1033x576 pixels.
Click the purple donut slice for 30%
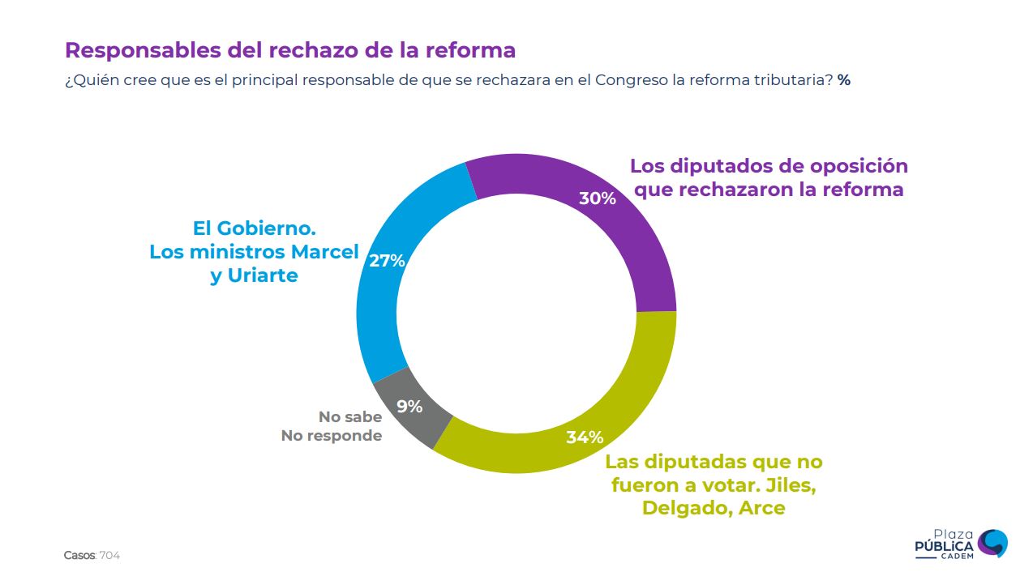pos(641,243)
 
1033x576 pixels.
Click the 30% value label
pos(597,198)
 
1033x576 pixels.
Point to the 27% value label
pos(387,261)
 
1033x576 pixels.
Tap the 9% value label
pos(409,407)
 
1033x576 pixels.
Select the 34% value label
pos(585,437)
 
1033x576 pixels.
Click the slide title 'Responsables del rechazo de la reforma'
pos(290,50)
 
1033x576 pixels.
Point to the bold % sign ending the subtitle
pos(844,81)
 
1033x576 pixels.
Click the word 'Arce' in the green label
pos(762,509)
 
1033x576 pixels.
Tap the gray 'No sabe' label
pos(349,417)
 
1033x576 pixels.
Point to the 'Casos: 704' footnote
pos(92,556)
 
